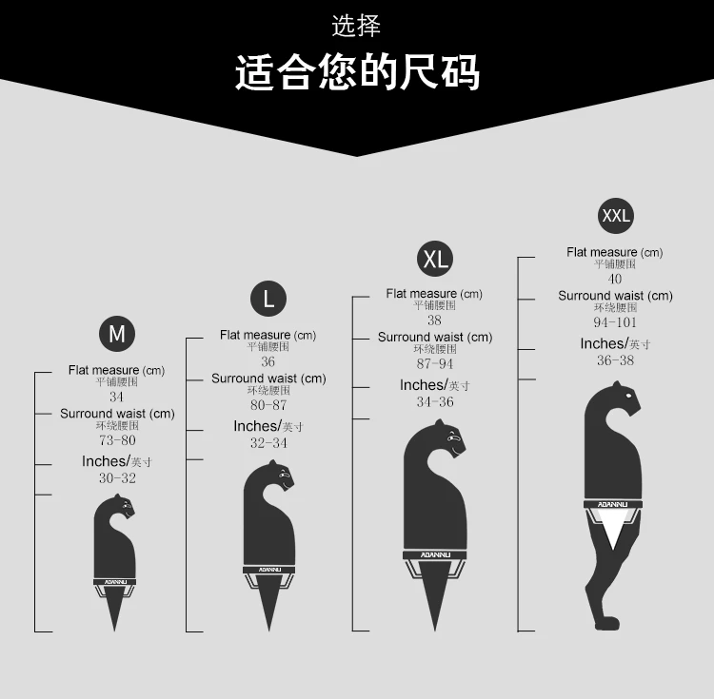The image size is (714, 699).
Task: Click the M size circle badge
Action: tap(117, 334)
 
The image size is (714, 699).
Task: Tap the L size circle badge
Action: tap(268, 299)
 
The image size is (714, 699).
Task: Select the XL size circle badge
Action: tap(435, 258)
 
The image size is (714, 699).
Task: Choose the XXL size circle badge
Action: tap(616, 216)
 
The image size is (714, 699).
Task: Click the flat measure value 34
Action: tap(116, 398)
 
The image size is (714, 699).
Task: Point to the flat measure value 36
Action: tap(268, 362)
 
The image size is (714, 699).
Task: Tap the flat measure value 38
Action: tap(434, 320)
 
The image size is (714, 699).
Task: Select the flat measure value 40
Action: tap(615, 280)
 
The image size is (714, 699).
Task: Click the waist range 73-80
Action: tap(117, 440)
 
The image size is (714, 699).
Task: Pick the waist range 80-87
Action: tap(268, 405)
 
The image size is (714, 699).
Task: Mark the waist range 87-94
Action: tap(434, 364)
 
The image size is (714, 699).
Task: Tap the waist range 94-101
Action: tap(615, 322)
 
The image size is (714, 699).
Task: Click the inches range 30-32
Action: tap(117, 478)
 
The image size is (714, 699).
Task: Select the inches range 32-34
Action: tap(268, 443)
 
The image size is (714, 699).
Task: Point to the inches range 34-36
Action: tap(434, 402)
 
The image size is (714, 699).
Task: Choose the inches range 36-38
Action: tap(615, 360)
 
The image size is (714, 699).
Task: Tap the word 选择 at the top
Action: tap(357, 26)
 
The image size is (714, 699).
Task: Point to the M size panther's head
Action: tap(121, 507)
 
